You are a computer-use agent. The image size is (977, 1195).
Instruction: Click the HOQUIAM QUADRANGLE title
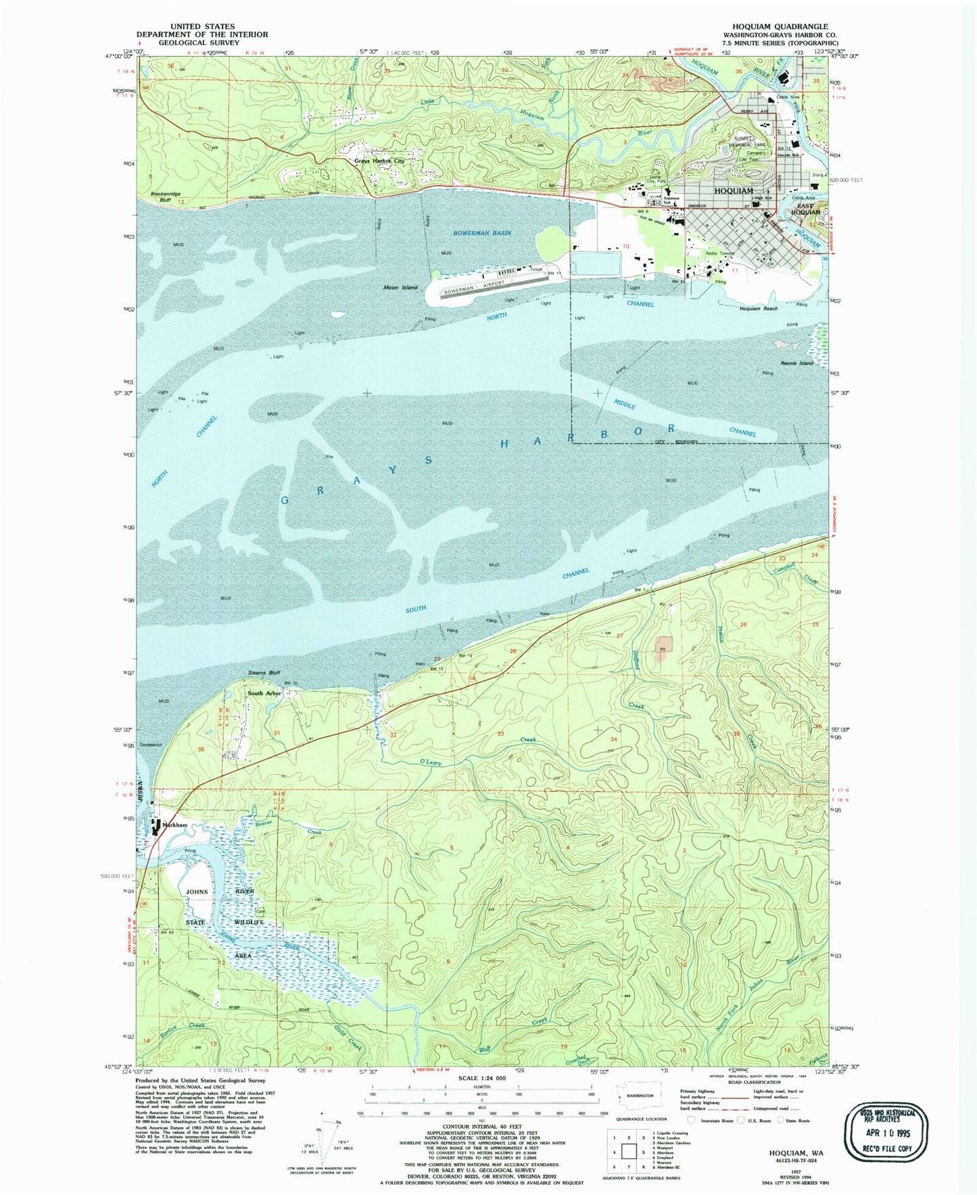780,26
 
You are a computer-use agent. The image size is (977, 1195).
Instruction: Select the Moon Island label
400,287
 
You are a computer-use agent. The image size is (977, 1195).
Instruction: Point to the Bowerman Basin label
482,233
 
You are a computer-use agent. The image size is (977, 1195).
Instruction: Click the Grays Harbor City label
380,161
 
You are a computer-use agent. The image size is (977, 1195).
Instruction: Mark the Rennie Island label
797,363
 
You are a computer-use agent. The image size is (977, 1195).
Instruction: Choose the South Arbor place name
264,693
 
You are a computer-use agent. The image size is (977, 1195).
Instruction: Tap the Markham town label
174,825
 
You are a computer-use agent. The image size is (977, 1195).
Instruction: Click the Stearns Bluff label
264,673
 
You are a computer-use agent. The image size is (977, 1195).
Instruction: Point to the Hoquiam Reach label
758,308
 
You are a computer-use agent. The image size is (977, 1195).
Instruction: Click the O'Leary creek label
431,762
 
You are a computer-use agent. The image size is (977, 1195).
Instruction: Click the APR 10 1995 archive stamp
886,1133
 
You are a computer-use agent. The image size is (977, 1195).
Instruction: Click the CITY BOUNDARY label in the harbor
676,441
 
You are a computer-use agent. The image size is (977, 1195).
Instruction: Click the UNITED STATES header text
202,26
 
